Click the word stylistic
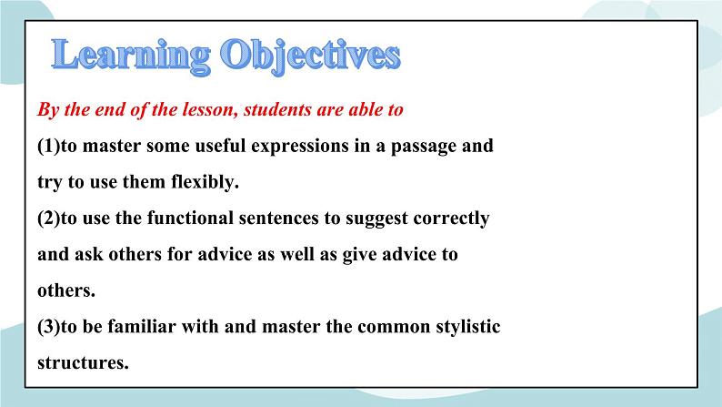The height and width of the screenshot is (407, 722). click(x=464, y=326)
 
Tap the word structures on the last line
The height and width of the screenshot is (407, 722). click(x=83, y=362)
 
